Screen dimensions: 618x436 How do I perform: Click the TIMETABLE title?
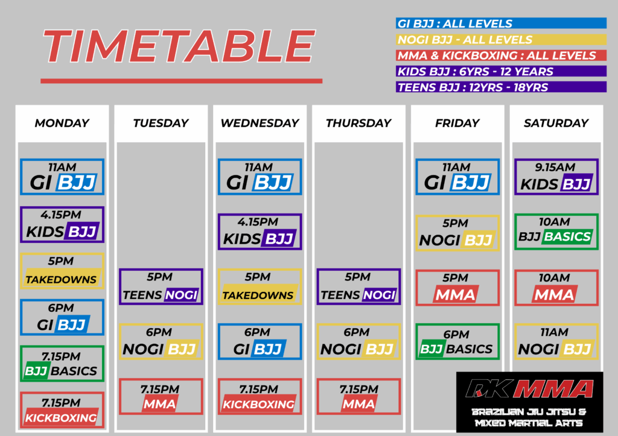179,46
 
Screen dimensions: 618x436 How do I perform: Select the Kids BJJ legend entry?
501,71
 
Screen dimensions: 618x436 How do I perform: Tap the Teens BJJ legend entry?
501,87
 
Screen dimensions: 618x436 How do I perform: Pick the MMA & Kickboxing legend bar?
501,55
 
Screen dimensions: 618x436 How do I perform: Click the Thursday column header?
358,123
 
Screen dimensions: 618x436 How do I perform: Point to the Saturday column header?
556,123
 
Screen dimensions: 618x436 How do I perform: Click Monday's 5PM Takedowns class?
62,271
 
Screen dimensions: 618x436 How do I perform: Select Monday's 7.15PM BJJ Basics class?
62,364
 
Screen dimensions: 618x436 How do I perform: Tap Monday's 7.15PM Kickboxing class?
62,410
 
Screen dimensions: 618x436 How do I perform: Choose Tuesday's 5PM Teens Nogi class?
161,286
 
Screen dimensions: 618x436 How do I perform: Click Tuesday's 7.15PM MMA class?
161,397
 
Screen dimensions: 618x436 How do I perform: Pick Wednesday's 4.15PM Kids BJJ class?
260,232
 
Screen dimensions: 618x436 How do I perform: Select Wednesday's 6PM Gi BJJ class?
260,341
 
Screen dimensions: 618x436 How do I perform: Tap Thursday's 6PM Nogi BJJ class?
358,341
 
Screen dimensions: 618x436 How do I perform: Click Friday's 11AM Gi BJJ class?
457,177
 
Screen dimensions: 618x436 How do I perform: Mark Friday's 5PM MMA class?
457,288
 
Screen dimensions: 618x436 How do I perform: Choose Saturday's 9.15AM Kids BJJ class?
556,177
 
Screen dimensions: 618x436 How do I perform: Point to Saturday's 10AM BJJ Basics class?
556,232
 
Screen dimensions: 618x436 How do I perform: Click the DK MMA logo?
530,402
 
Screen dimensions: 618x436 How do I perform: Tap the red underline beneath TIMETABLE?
181,81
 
